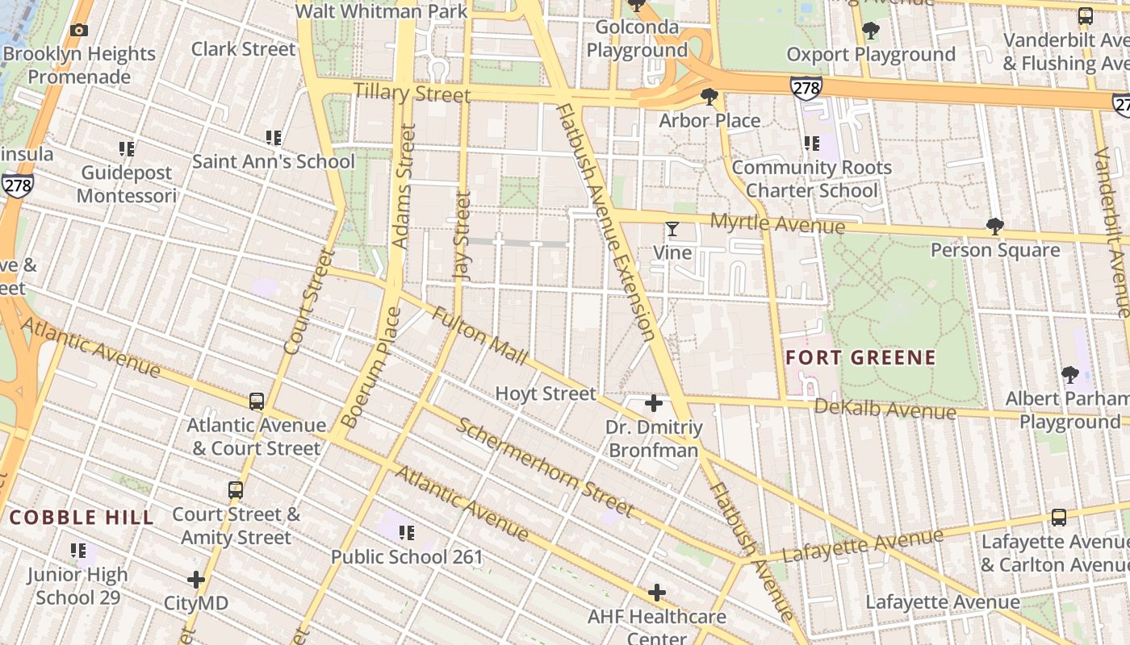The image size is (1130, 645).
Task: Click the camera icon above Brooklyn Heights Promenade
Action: (79, 31)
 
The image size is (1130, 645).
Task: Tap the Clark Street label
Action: (243, 49)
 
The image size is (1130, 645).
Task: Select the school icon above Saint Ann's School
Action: (274, 138)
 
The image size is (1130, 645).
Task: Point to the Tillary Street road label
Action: (411, 93)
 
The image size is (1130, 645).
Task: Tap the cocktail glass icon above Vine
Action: (672, 230)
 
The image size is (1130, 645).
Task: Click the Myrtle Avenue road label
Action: (777, 223)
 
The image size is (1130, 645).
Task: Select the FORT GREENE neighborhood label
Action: (860, 357)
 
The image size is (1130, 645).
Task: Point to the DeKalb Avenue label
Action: (885, 409)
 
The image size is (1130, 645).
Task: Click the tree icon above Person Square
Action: (995, 227)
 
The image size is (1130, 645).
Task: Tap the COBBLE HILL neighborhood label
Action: (82, 518)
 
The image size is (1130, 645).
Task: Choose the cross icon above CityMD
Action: (196, 580)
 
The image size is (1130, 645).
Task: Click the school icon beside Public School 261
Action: (407, 533)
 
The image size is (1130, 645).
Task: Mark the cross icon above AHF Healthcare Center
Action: (657, 593)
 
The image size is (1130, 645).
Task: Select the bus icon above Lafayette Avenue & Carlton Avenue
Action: (1058, 518)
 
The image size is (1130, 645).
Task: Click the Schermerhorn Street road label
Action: (544, 466)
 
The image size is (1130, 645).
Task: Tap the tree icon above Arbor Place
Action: (709, 98)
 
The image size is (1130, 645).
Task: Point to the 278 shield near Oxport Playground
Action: (806, 88)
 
